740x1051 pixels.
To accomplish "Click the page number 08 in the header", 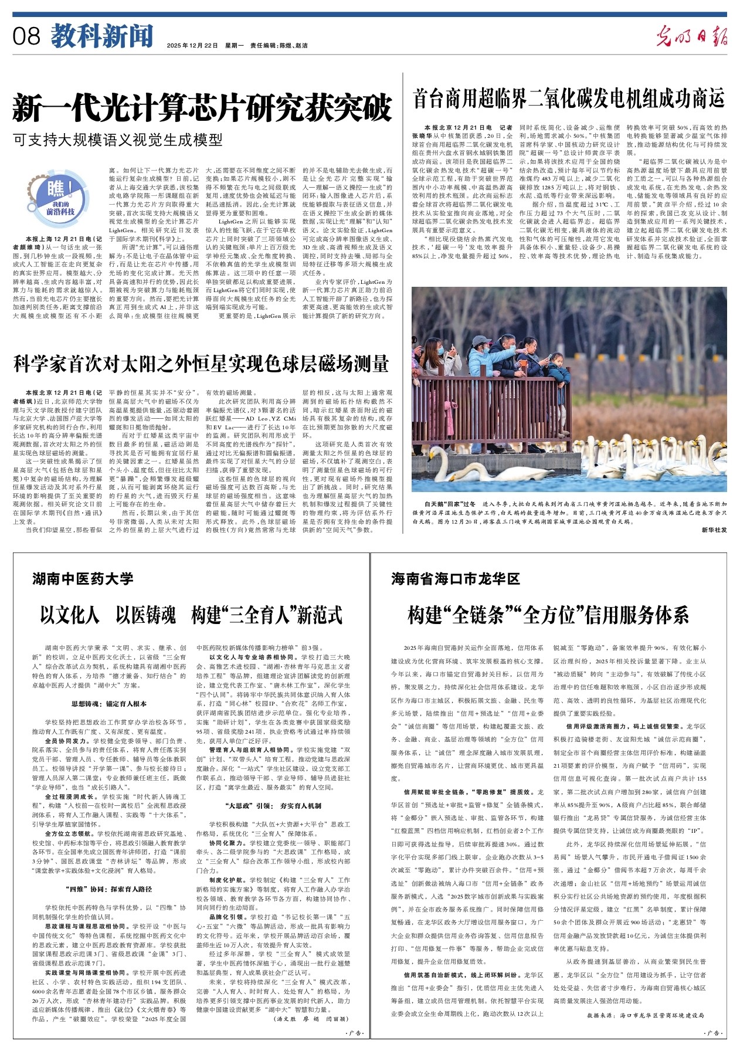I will pyautogui.click(x=26, y=37).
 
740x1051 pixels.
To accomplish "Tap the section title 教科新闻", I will pyautogui.click(x=101, y=36).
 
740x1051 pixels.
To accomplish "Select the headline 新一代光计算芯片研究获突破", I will pyautogui.click(x=202, y=107).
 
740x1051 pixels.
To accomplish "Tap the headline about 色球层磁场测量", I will pyautogui.click(x=201, y=364).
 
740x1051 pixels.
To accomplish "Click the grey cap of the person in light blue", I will pyautogui.click(x=481, y=340).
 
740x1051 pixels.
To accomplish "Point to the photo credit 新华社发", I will pyautogui.click(x=713, y=530).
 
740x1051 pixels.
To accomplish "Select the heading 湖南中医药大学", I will pyautogui.click(x=83, y=579).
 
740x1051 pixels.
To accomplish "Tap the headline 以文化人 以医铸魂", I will pyautogui.click(x=191, y=615).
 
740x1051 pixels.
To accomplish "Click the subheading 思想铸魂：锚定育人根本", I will pyautogui.click(x=109, y=703).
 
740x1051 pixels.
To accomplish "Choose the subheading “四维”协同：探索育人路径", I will pyautogui.click(x=108, y=890).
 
